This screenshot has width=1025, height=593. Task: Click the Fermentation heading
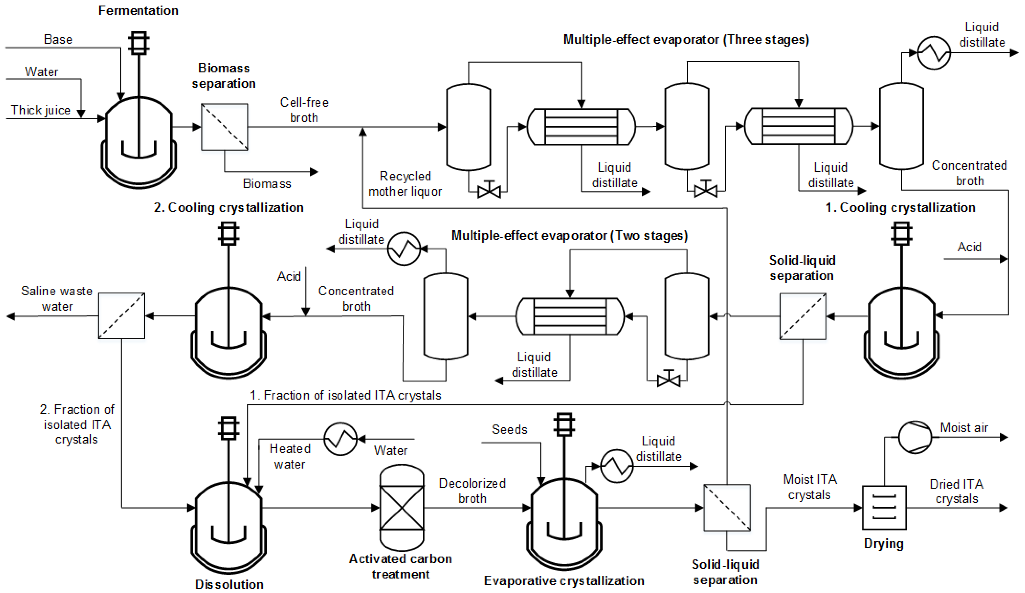click(138, 11)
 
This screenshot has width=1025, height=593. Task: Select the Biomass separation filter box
click(224, 127)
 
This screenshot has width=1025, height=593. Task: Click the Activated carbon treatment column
click(401, 507)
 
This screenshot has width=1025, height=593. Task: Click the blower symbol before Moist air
click(915, 437)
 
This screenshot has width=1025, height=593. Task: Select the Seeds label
click(509, 429)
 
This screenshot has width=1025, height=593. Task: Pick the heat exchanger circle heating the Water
click(340, 439)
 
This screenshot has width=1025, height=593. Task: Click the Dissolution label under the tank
click(229, 584)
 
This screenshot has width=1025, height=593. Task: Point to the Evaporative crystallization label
click(564, 580)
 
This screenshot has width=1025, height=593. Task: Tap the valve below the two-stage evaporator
click(668, 380)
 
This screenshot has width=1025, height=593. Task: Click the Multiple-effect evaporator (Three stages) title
click(686, 39)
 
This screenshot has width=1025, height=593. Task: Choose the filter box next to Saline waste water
click(122, 316)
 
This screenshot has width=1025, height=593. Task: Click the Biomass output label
click(267, 184)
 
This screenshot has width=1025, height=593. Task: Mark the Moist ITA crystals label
click(810, 487)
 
